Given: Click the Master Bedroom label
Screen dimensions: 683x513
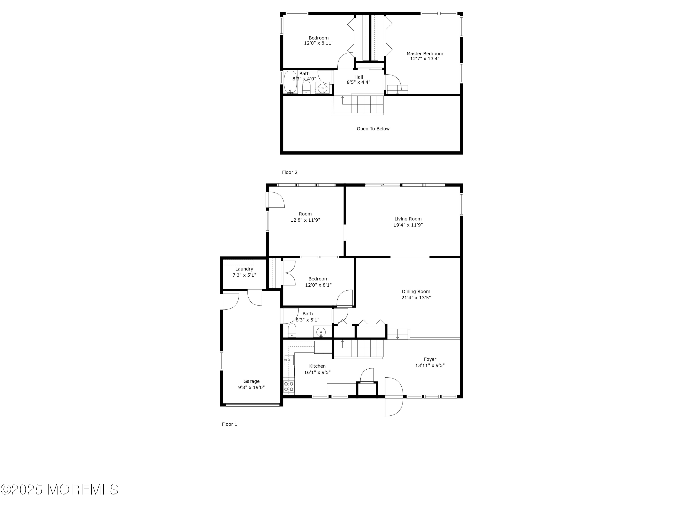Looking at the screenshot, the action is click(x=425, y=54).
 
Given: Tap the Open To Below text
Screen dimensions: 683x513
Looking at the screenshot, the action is click(x=373, y=129).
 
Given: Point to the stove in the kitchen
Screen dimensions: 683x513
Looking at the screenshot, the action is click(x=289, y=386).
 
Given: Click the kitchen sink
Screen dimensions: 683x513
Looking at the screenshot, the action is click(x=289, y=360).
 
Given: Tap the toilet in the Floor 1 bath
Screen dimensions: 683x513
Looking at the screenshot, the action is click(x=292, y=331).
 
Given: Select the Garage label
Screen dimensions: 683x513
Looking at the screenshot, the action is click(x=251, y=381).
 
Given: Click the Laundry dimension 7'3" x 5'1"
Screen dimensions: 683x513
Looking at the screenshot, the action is click(x=244, y=275).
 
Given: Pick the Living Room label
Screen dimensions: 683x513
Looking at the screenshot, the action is click(x=408, y=219).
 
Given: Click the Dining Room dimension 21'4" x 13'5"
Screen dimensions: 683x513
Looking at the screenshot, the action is click(x=416, y=298).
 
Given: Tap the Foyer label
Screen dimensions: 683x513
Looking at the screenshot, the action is click(x=430, y=359).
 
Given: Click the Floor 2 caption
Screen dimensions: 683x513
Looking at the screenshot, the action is click(x=290, y=172).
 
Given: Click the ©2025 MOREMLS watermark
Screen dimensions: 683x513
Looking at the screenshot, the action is click(x=59, y=490).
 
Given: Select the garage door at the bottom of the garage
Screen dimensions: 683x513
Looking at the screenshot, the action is click(x=252, y=404).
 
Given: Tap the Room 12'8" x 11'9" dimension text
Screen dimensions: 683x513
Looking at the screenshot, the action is click(x=305, y=220).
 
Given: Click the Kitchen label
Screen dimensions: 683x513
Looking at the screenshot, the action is click(x=317, y=366).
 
